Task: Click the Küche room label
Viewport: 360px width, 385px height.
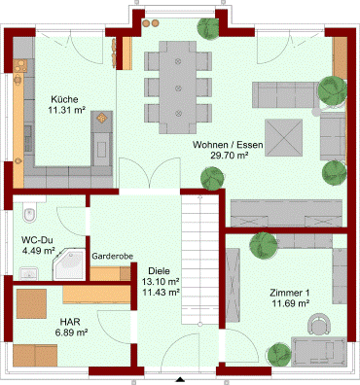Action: [64, 99]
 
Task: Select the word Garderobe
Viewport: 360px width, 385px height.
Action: [112, 257]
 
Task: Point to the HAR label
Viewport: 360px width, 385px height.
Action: [70, 322]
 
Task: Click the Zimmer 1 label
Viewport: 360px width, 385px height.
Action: [290, 293]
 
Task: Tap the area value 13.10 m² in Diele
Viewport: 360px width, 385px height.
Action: [161, 281]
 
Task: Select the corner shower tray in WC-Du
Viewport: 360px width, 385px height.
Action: [69, 264]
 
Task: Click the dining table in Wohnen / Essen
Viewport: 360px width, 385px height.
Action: [178, 87]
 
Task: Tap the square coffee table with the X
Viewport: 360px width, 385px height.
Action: [283, 138]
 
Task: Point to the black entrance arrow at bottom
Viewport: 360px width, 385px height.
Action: [180, 380]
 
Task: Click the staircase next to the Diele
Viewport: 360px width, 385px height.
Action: [200, 260]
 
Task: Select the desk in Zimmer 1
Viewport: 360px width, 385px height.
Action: [319, 352]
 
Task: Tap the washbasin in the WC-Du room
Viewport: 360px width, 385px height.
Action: [28, 273]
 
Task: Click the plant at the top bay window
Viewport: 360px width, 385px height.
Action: [208, 28]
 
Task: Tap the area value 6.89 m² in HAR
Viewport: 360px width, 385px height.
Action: [72, 332]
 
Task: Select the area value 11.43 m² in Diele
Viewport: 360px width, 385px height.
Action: [161, 293]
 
